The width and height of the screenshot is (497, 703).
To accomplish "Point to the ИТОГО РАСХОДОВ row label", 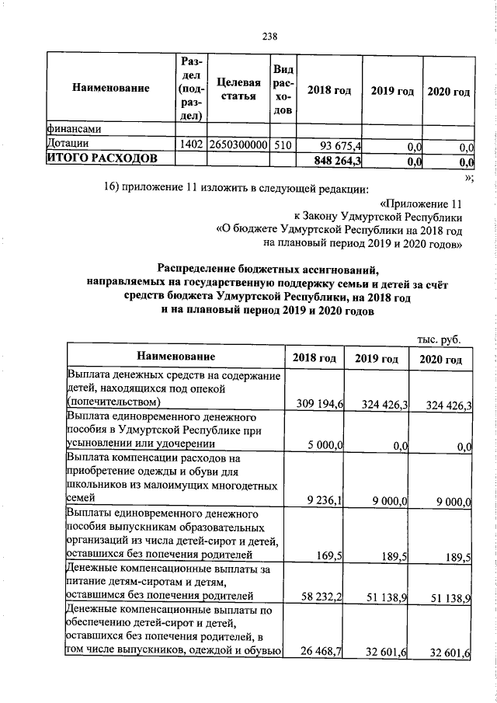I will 102,159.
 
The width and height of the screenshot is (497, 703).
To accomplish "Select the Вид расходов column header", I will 283,91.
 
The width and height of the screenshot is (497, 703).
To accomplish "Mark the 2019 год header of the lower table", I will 377,359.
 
